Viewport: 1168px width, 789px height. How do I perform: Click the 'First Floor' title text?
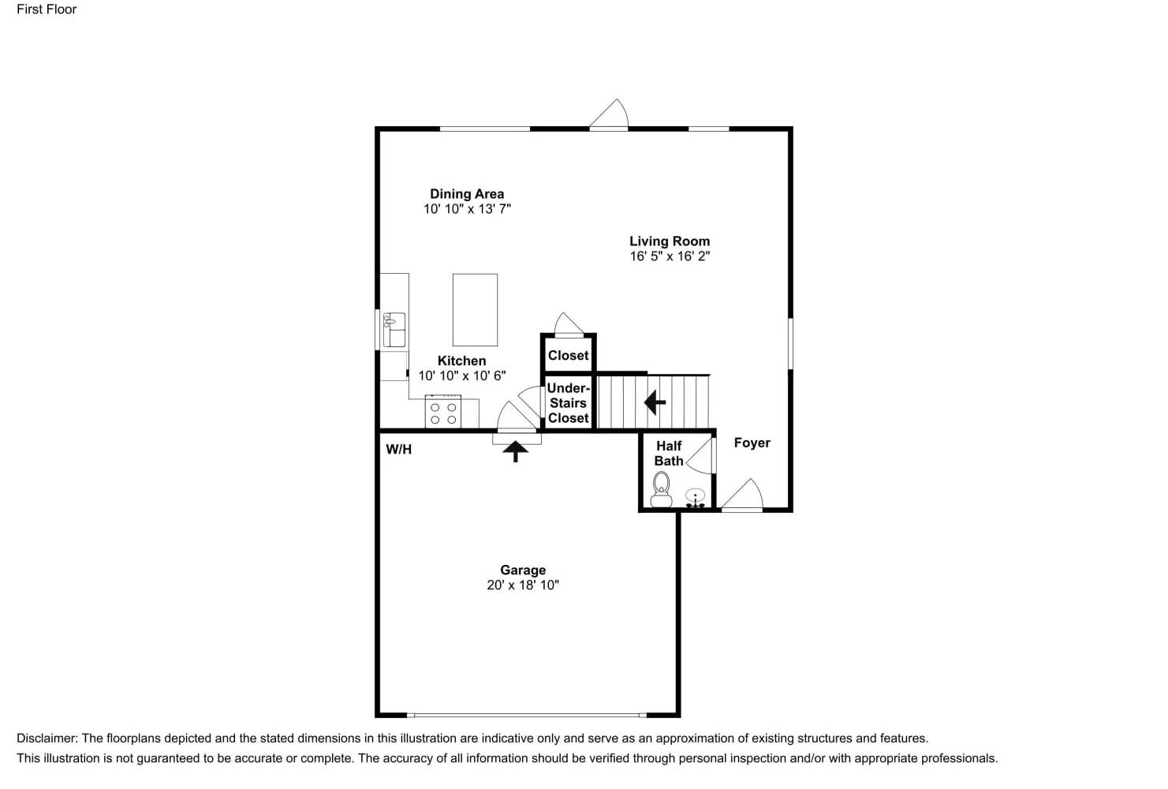click(x=47, y=9)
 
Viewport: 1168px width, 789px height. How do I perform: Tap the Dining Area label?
click(x=467, y=194)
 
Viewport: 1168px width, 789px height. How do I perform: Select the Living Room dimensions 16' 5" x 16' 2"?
click(x=670, y=256)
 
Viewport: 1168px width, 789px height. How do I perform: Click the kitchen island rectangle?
click(x=475, y=309)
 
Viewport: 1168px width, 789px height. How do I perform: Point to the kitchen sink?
click(x=394, y=330)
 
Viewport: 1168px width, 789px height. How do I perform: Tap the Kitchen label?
click(x=461, y=361)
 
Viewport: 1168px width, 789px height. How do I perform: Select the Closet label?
click(x=568, y=356)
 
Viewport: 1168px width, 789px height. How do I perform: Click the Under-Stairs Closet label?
click(x=568, y=403)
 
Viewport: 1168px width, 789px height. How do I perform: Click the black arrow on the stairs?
click(x=655, y=402)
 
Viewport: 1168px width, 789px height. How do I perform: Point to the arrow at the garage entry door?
click(x=516, y=451)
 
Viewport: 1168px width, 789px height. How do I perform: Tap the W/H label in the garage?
click(x=398, y=450)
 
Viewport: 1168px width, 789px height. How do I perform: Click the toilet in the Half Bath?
click(x=661, y=488)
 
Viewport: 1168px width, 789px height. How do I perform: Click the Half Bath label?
click(x=668, y=454)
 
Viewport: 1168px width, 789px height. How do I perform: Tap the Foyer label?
click(x=752, y=443)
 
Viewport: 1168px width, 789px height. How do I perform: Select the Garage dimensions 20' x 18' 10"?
click(x=523, y=585)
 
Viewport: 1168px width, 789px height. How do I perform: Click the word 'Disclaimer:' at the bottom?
click(x=47, y=739)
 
